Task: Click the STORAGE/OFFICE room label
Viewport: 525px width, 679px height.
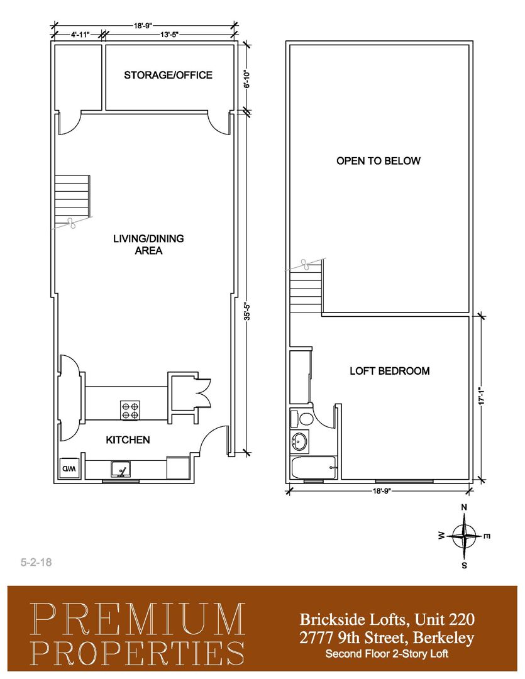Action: coord(168,75)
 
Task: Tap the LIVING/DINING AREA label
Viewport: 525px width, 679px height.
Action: coord(148,244)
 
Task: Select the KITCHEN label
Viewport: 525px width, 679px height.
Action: coord(128,440)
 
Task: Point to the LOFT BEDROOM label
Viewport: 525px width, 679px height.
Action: coord(389,371)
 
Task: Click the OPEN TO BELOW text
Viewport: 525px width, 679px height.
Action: coord(378,161)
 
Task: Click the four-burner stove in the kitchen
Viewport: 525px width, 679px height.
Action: coord(130,410)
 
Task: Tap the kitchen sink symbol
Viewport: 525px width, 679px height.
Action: coord(121,470)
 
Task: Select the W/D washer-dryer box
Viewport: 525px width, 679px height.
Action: coord(69,468)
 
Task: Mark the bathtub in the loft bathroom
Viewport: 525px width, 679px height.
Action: coord(314,468)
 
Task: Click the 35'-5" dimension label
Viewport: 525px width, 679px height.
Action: coord(247,311)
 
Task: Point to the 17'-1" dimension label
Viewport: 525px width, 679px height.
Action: coord(481,396)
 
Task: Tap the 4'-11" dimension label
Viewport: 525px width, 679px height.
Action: coord(80,35)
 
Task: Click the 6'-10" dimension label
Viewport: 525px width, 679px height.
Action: coord(247,79)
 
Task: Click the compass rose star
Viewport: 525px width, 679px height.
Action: coord(464,536)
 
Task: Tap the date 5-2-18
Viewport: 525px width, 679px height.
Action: coord(36,562)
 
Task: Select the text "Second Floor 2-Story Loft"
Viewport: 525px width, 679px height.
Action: coord(387,653)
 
